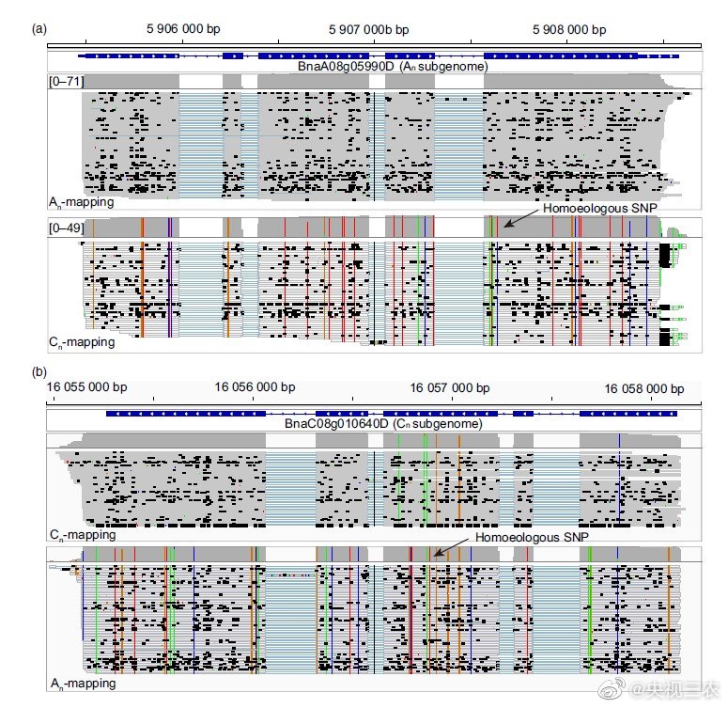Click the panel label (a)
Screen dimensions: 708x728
[39, 29]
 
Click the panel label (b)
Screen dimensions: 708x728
[39, 372]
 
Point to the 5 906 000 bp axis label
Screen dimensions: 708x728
[188, 29]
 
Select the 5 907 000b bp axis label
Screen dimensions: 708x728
[369, 29]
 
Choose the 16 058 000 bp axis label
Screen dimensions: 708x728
[643, 387]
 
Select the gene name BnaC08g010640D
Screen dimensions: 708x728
[383, 423]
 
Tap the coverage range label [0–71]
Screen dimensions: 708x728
[67, 82]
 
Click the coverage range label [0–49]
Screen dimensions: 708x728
[67, 227]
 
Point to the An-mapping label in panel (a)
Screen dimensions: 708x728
[82, 202]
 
